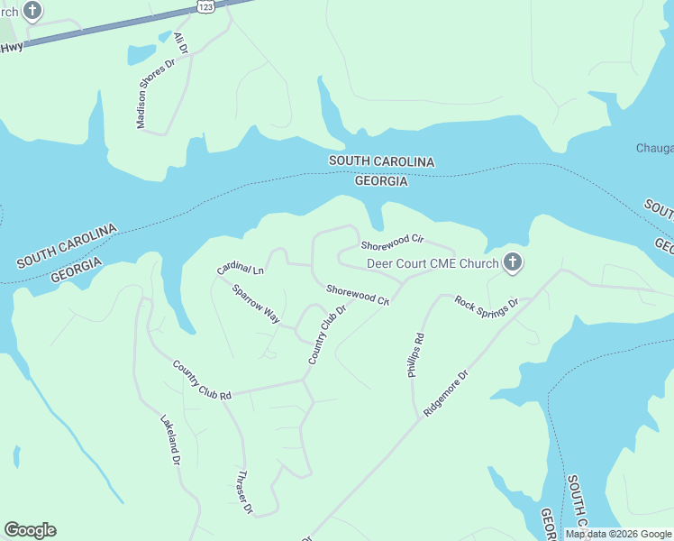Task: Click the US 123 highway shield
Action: [206, 6]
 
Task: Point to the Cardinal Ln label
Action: [240, 269]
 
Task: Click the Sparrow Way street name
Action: [256, 303]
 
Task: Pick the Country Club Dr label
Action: [327, 335]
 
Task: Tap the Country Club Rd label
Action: [202, 380]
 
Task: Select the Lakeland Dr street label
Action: [170, 440]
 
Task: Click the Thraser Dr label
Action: [243, 492]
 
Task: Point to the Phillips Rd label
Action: [415, 355]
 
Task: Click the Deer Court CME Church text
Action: [433, 264]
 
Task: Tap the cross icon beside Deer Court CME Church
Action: [513, 263]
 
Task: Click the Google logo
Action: [30, 530]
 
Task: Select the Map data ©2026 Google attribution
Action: [618, 534]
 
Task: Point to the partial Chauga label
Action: [654, 148]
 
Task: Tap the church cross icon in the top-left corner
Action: [32, 12]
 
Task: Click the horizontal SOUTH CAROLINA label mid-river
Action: [381, 161]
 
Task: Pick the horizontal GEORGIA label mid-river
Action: [381, 181]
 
